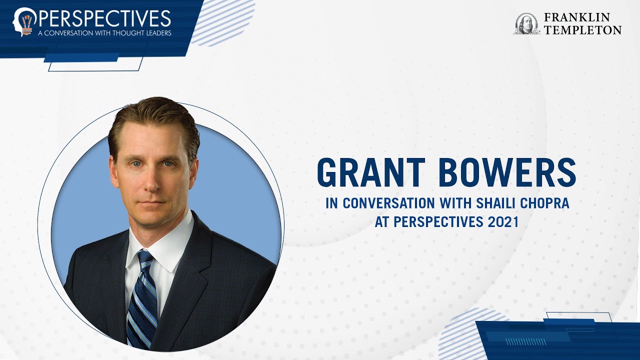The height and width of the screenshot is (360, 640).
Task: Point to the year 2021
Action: pos(503,222)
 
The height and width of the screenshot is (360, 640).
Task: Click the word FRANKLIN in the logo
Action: pos(577,17)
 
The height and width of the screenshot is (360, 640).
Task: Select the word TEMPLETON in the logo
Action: pos(582,30)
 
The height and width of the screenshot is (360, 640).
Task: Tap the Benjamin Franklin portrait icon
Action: pos(526,23)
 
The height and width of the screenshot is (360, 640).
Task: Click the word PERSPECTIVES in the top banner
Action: pos(103,18)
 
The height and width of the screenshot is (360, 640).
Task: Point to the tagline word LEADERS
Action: pos(156,33)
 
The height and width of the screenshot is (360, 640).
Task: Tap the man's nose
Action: pos(151,180)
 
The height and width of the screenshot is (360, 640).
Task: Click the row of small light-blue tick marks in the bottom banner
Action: pos(525,341)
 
